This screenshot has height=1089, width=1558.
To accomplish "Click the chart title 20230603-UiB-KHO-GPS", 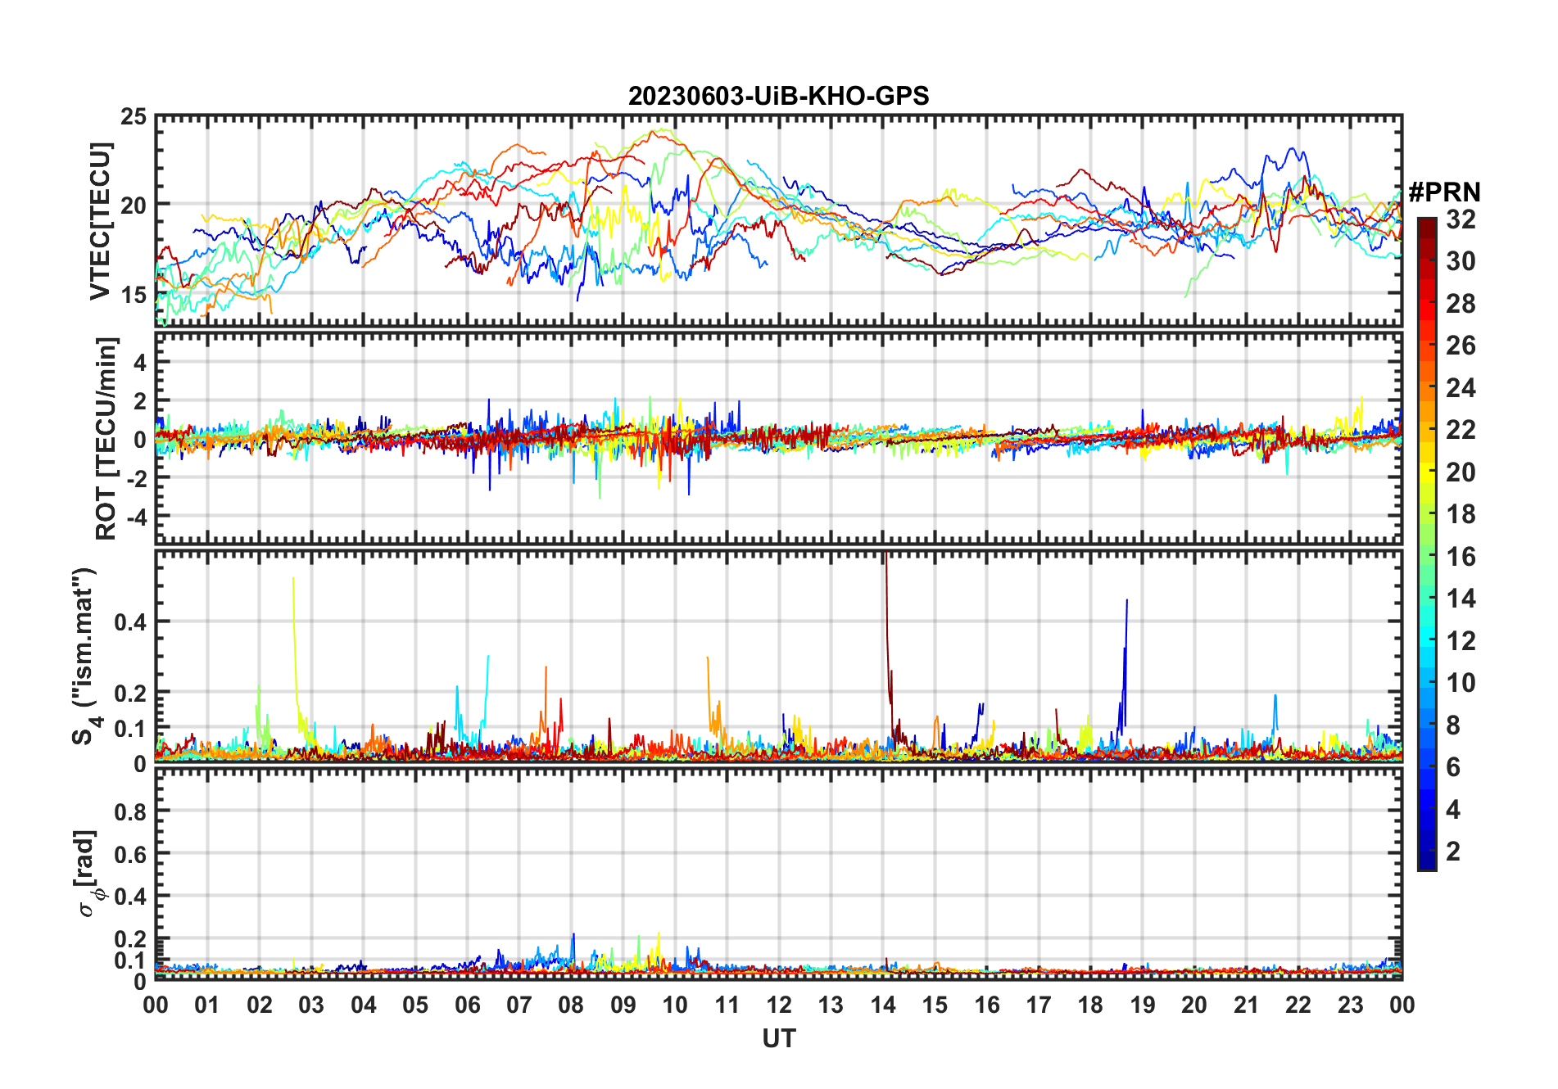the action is coord(778,96).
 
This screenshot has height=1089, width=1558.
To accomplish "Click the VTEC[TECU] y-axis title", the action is coord(100,221).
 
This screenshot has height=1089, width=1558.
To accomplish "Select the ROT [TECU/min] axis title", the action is coord(106,438).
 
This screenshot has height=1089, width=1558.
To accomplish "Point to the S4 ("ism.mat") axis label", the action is coord(85,656).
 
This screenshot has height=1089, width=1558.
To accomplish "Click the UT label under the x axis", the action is coord(779,1038).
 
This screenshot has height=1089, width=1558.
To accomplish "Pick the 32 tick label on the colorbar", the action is coord(1461,219).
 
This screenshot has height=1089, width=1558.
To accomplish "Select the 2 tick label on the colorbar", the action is coord(1453,851).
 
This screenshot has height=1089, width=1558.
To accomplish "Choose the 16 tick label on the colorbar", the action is coord(1461,557).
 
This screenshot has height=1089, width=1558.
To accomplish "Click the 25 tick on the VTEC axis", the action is coord(134,117).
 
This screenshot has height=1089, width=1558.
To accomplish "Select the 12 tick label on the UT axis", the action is coord(779,1005).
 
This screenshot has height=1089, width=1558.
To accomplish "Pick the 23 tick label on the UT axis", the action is coord(1350,1005).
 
